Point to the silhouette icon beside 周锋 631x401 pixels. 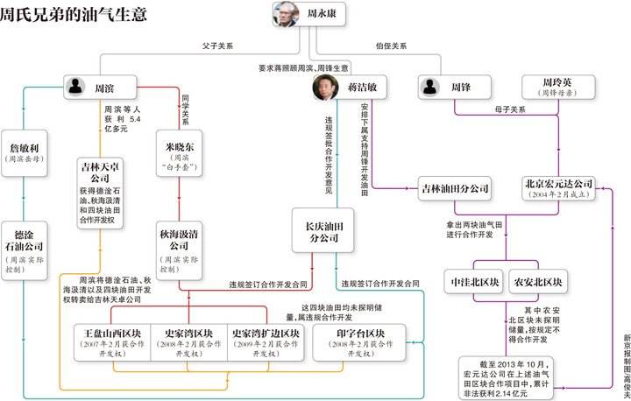coord(429,87)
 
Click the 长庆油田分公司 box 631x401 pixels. coord(327,231)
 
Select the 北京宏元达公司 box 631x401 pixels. coord(558,188)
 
